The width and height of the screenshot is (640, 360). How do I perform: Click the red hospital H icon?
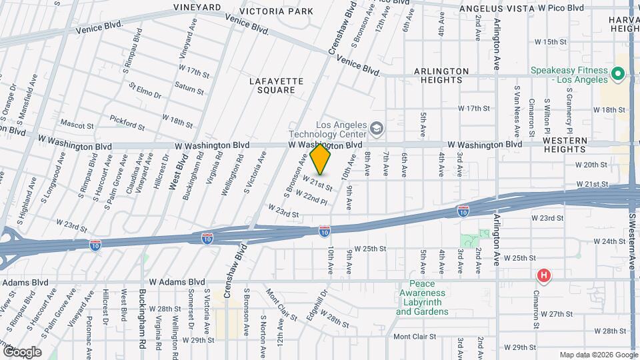(x=544, y=275)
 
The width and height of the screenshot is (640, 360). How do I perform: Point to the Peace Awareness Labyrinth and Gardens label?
(x=423, y=299)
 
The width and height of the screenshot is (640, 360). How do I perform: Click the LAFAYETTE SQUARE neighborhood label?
(x=276, y=85)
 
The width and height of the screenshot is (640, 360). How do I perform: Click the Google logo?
(x=22, y=351)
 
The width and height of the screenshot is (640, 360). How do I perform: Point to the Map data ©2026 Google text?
(x=597, y=354)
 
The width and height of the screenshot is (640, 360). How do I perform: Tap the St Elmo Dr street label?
(x=145, y=91)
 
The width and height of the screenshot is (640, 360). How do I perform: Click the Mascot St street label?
(x=75, y=123)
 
